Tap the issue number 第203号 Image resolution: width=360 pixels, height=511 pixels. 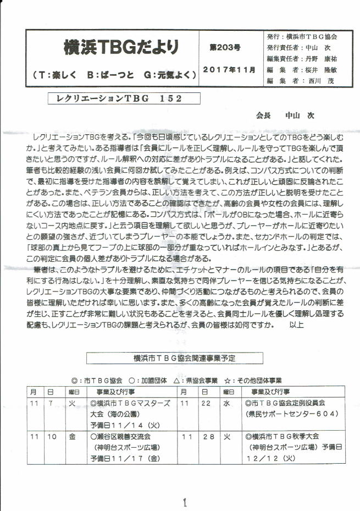[x=225, y=48]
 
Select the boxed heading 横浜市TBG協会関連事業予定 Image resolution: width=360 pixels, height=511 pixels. [x=184, y=358]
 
